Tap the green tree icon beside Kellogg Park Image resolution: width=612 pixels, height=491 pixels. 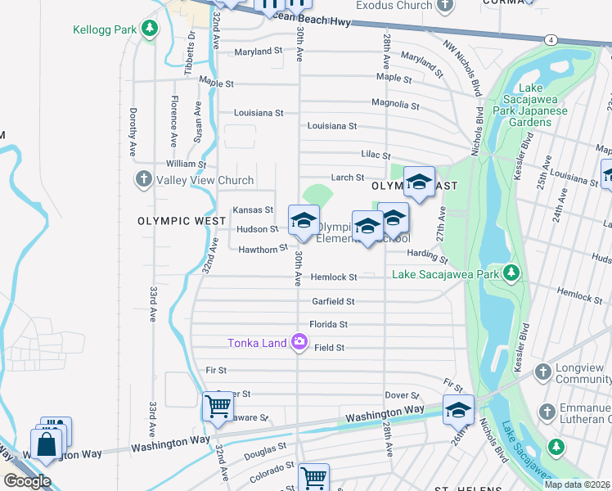(149, 29)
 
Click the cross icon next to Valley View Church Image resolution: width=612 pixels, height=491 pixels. (143, 179)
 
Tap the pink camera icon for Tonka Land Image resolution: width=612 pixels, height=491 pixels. (299, 341)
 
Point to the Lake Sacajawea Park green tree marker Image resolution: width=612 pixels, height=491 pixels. (511, 272)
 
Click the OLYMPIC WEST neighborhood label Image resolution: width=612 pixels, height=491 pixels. (182, 221)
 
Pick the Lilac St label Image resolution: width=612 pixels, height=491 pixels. (376, 155)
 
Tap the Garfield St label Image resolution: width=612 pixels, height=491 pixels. (331, 301)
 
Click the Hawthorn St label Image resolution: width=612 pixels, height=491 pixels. (262, 248)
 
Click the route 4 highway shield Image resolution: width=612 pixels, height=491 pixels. (553, 39)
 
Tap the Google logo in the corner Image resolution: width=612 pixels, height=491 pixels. (28, 480)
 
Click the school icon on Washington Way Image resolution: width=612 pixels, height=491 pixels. (459, 408)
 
